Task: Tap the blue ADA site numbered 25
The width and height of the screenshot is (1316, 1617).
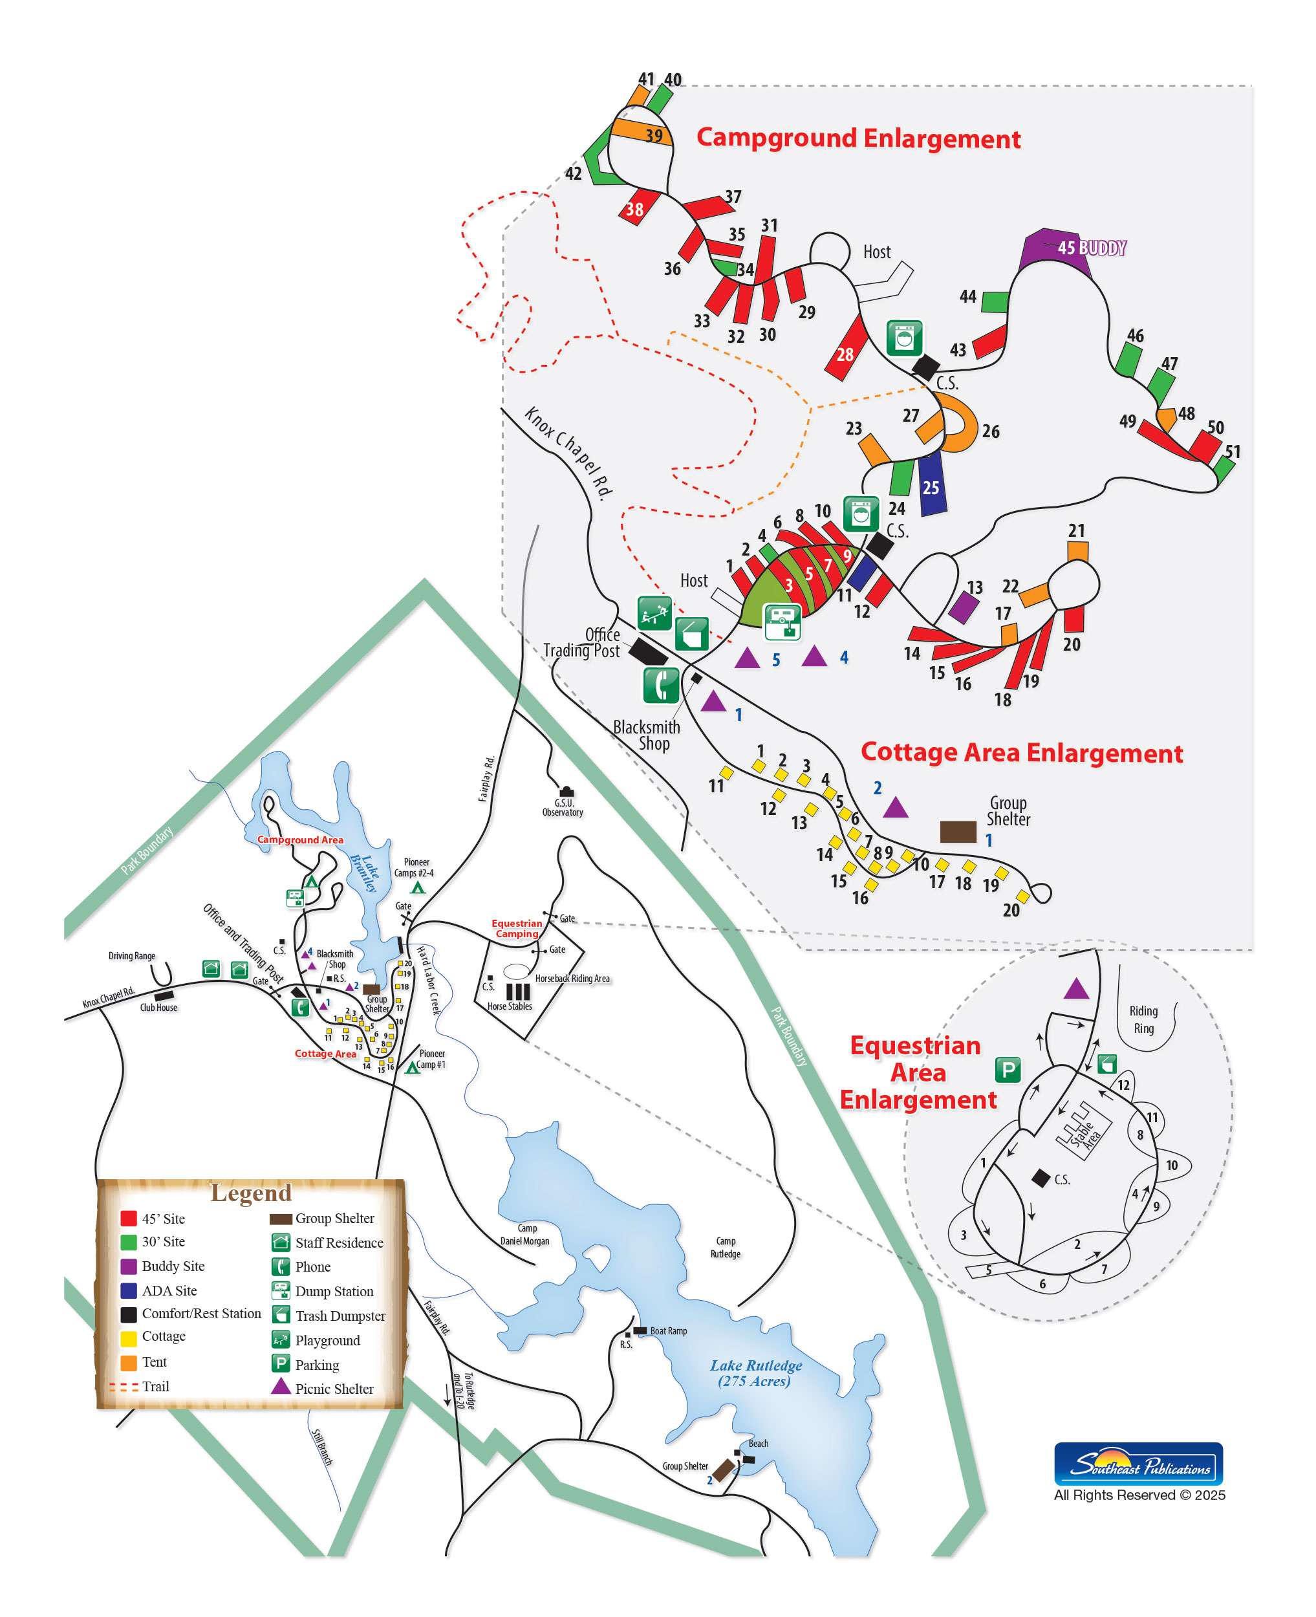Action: [x=931, y=482]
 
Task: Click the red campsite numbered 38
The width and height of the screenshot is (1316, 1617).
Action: [x=637, y=206]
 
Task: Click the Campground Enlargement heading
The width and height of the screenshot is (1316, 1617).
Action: [x=858, y=138]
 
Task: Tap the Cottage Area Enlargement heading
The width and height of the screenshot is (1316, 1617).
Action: [x=1021, y=753]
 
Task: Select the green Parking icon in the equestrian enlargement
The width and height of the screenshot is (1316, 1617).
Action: [x=1008, y=1070]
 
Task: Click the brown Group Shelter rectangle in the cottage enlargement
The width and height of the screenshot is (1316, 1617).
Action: [x=958, y=832]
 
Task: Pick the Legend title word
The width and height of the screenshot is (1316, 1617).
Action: [x=251, y=1193]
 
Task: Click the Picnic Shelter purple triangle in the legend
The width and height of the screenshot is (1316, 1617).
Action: [x=281, y=1387]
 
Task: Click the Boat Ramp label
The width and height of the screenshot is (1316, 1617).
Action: [x=668, y=1331]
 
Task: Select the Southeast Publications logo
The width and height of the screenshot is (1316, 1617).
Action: [x=1138, y=1464]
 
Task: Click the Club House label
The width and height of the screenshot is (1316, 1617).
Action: [x=158, y=1008]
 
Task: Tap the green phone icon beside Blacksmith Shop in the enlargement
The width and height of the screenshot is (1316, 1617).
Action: [x=661, y=686]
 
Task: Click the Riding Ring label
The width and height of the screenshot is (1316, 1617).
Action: [x=1143, y=1019]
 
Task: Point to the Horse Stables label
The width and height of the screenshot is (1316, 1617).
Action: [x=510, y=1006]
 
